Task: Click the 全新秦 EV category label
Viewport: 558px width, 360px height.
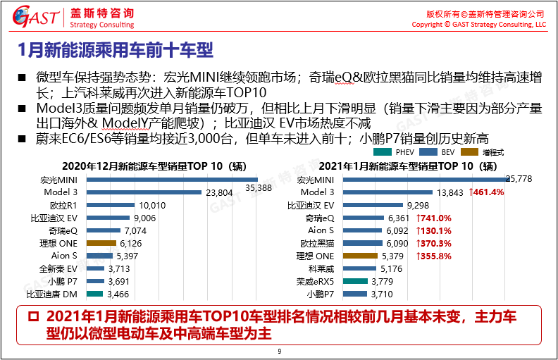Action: tap(58, 268)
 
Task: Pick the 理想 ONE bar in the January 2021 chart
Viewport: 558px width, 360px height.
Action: tap(362, 256)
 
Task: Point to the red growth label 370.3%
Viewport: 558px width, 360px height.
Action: tap(434, 243)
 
